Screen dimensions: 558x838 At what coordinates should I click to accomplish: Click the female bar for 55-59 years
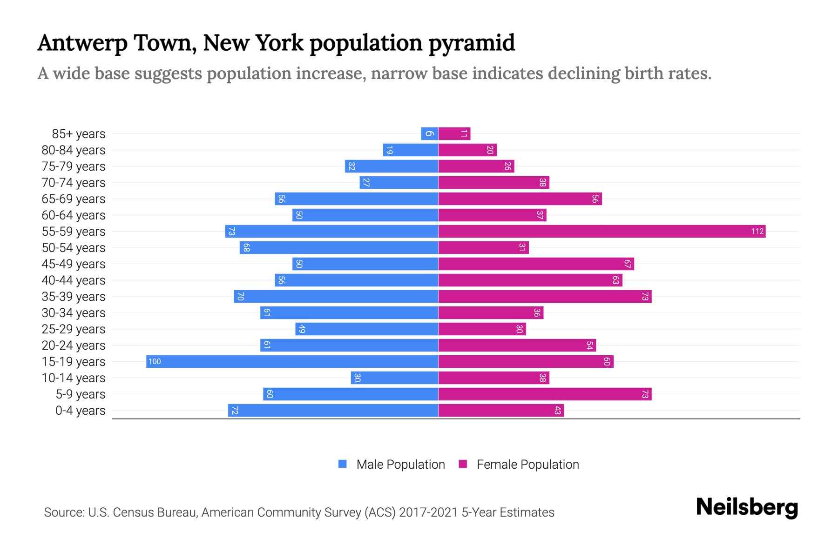(x=601, y=231)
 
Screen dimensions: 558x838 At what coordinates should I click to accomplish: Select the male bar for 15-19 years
(x=292, y=361)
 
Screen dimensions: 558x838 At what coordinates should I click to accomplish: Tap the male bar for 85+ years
(x=429, y=134)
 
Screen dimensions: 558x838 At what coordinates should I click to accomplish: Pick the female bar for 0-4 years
(x=501, y=410)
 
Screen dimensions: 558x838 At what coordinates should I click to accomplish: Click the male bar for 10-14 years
(x=394, y=378)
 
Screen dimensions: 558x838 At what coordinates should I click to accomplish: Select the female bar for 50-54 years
(x=483, y=247)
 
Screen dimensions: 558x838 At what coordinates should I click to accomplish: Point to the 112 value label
(x=757, y=231)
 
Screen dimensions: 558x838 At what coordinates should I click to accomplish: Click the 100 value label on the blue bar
(x=155, y=361)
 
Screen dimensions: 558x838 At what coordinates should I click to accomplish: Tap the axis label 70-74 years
(x=74, y=183)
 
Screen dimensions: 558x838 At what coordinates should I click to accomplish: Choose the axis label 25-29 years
(x=74, y=329)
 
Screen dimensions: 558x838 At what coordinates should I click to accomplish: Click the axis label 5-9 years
(x=81, y=394)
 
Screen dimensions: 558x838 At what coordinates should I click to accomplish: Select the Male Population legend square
(x=343, y=464)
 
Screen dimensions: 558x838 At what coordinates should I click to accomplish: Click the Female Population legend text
(x=527, y=464)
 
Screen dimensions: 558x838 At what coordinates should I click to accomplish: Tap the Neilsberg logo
(x=747, y=507)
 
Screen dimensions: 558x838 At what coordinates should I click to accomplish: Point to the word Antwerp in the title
(x=82, y=43)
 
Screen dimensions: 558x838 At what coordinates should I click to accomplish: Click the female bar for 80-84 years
(x=467, y=150)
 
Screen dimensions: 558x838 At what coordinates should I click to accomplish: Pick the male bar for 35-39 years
(x=336, y=296)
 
